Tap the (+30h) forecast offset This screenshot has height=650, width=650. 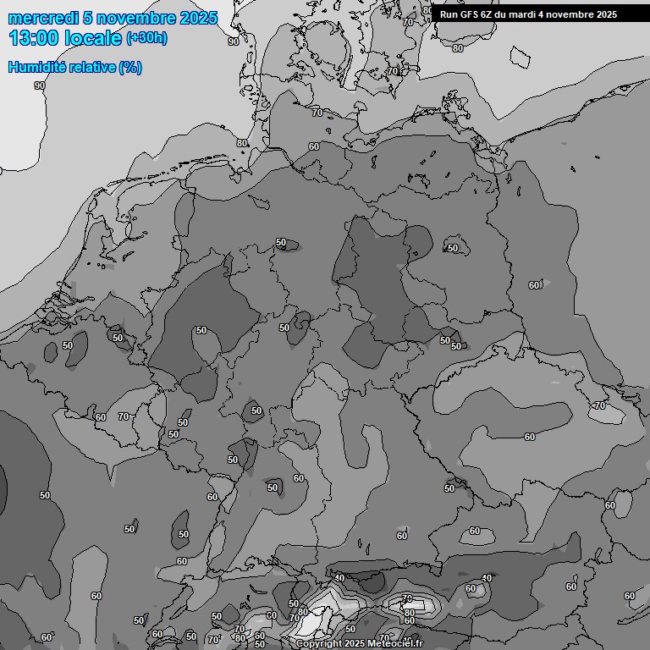(146, 38)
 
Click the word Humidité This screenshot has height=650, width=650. (36, 68)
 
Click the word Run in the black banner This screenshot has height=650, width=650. (448, 14)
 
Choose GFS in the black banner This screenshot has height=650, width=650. (469, 14)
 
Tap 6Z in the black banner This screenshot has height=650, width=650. (487, 14)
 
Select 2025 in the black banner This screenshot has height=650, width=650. (605, 14)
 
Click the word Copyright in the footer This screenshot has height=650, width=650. (319, 644)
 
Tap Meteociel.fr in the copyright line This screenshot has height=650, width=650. (395, 644)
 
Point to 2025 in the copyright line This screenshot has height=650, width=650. (355, 644)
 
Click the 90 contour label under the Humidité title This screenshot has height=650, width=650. (40, 85)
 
